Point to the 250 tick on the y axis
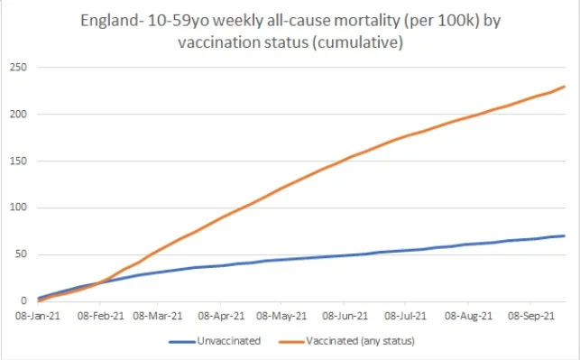[x=16, y=68]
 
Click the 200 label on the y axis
[x=16, y=115]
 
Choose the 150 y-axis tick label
[x=16, y=162]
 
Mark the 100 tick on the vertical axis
[x=16, y=208]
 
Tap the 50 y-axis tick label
[x=19, y=254]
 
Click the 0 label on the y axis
[x=23, y=301]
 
